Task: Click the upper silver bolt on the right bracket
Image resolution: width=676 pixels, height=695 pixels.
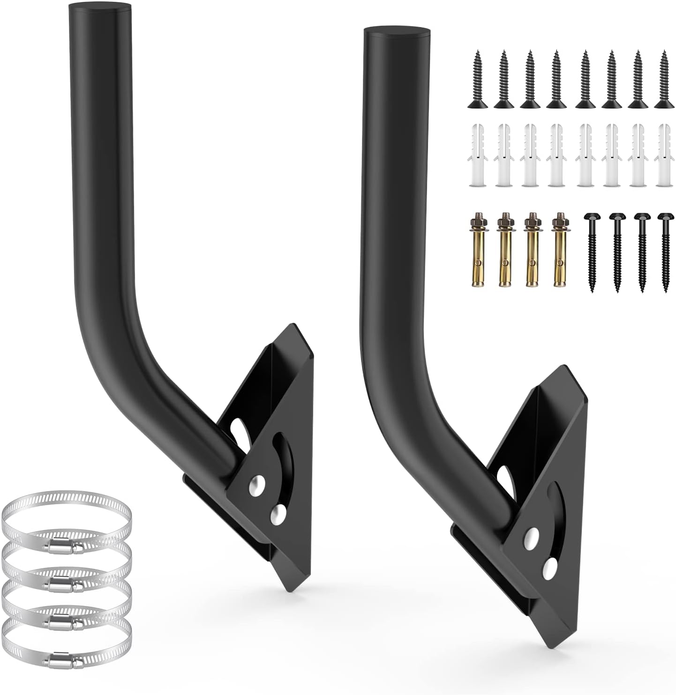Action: [532, 538]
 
